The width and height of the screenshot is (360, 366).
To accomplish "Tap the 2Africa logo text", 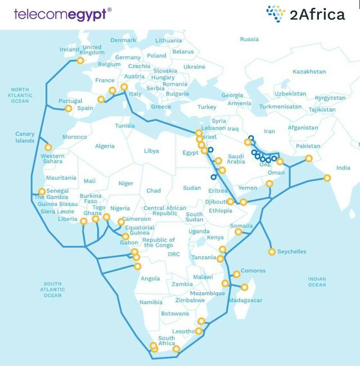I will [x=317, y=15].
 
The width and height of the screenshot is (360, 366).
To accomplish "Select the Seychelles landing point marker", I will [x=272, y=252].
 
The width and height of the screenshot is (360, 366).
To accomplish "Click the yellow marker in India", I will [x=327, y=178].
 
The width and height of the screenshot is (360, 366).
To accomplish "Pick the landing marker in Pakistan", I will [x=308, y=158].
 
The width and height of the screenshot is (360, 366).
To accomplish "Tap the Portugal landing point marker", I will [x=69, y=109].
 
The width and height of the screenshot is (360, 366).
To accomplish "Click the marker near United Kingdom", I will [x=80, y=60].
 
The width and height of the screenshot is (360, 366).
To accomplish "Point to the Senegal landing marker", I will [x=42, y=191].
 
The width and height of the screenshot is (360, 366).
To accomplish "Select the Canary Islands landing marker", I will [x=48, y=147].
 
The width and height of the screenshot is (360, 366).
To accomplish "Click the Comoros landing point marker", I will [x=236, y=274].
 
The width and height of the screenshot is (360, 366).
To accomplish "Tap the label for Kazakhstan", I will [x=309, y=72].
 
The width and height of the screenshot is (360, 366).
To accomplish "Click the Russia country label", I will [x=249, y=39].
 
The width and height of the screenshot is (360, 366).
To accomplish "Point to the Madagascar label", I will [x=247, y=300].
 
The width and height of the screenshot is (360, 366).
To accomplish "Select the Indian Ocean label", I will [x=317, y=282].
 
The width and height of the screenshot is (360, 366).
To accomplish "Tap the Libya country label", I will [x=151, y=151].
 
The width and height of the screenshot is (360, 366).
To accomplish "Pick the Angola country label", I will [x=150, y=278].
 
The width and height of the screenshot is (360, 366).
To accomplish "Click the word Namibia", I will [x=151, y=302].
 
